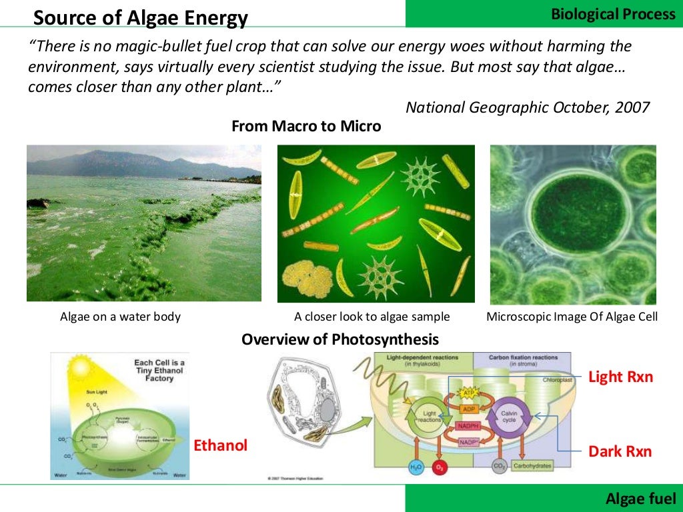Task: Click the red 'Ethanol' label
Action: click(220, 445)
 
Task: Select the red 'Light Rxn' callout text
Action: click(620, 377)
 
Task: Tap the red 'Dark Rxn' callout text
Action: click(620, 451)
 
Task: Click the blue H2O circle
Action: click(416, 467)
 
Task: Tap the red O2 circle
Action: click(440, 467)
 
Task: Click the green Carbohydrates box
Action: click(532, 466)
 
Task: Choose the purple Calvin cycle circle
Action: click(509, 418)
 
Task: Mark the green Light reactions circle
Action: click(427, 418)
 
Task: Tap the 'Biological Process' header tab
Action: click(613, 14)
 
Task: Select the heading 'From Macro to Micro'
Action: click(306, 126)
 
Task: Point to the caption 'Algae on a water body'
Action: click(120, 317)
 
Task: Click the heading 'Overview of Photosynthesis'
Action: click(340, 339)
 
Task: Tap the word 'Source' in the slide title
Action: click(62, 18)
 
